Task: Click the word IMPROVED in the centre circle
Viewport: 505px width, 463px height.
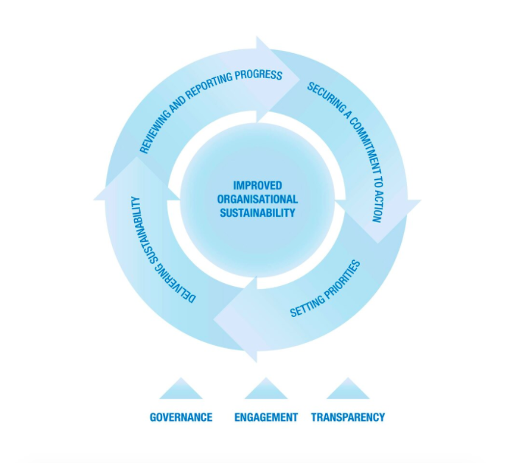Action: pyautogui.click(x=257, y=186)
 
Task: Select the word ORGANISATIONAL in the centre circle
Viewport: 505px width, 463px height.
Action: pyautogui.click(x=257, y=199)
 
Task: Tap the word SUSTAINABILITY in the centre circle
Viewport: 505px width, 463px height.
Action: pyautogui.click(x=257, y=212)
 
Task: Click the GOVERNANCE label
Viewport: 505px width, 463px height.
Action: pyautogui.click(x=181, y=417)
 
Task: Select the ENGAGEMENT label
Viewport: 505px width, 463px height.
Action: pyautogui.click(x=266, y=417)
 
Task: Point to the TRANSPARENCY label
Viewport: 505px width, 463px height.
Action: pyautogui.click(x=348, y=417)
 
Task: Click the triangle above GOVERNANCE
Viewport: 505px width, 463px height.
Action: pyautogui.click(x=181, y=389)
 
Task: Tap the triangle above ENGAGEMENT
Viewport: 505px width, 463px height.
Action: pyautogui.click(x=266, y=389)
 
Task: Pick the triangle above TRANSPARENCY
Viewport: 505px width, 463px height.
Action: pyautogui.click(x=348, y=389)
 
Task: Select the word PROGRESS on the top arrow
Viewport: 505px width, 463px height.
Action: pyautogui.click(x=257, y=74)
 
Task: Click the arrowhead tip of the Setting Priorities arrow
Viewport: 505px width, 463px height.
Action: pyautogui.click(x=216, y=321)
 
